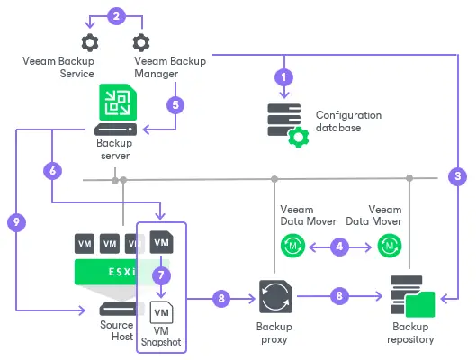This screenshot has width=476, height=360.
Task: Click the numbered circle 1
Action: pyautogui.click(x=284, y=77)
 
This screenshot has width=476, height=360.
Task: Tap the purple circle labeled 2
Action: pyautogui.click(x=114, y=14)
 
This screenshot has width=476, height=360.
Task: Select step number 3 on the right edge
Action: pyautogui.click(x=457, y=177)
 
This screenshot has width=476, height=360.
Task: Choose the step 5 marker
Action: pyautogui.click(x=176, y=104)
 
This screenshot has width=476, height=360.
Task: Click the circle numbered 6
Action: pyautogui.click(x=52, y=170)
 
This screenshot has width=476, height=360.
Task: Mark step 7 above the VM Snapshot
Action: pyautogui.click(x=159, y=273)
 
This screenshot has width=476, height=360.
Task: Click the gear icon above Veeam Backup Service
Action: pyautogui.click(x=89, y=42)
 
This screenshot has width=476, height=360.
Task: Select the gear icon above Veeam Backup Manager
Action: pyautogui.click(x=140, y=42)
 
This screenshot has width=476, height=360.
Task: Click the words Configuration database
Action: pyautogui.click(x=348, y=121)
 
